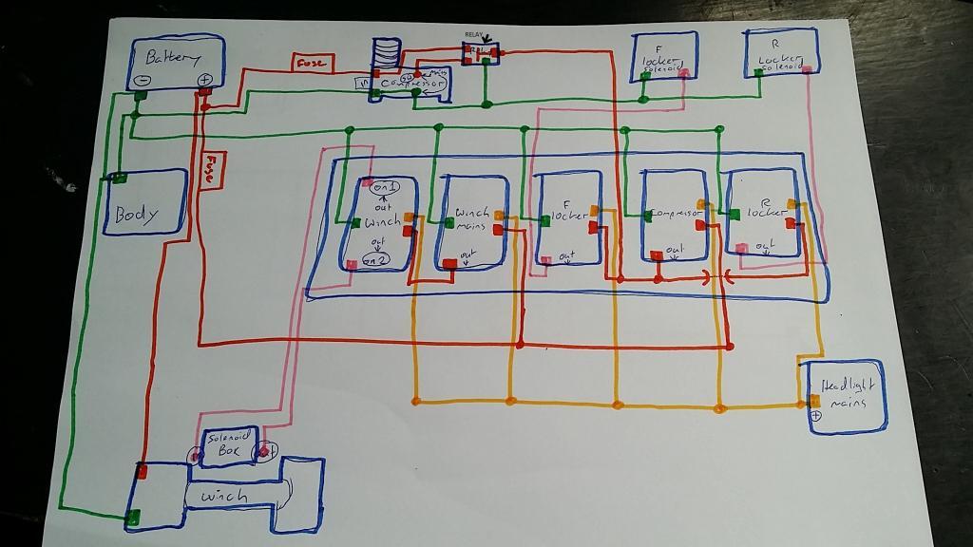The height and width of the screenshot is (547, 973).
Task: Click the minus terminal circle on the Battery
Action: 141,82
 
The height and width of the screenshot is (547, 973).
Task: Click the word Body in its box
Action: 137,213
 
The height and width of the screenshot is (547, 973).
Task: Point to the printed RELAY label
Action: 474,34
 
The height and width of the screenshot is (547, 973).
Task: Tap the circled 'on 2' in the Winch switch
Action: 376,258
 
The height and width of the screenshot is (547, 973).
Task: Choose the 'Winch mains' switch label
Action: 471,218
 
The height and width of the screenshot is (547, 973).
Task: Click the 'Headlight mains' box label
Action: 849,393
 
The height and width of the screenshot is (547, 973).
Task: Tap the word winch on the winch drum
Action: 224,496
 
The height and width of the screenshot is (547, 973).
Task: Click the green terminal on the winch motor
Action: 133,517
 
